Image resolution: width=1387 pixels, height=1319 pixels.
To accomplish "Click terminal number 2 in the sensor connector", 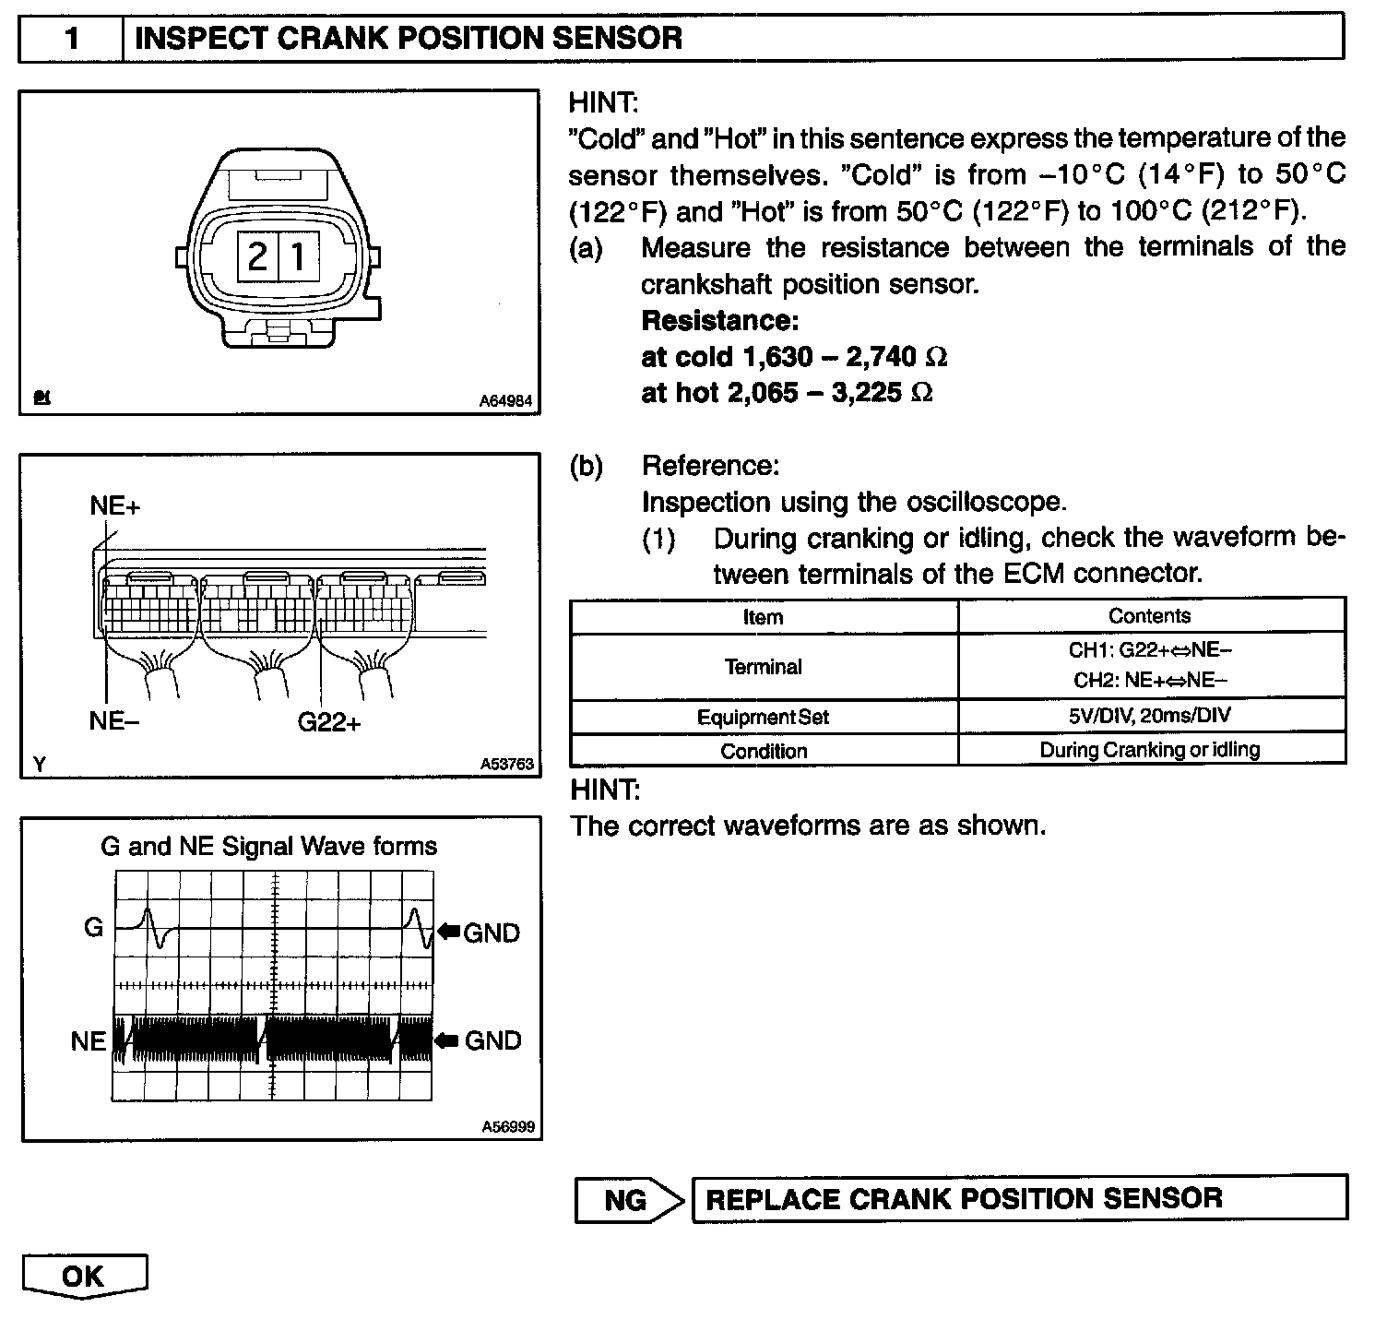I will click(x=258, y=255).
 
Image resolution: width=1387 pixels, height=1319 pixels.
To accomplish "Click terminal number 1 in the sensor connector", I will click(x=298, y=255).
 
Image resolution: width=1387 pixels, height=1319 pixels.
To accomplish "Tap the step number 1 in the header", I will click(x=71, y=39).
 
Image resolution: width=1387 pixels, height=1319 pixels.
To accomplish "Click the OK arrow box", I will click(x=84, y=1276).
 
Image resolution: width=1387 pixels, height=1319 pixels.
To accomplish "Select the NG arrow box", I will click(x=627, y=1199).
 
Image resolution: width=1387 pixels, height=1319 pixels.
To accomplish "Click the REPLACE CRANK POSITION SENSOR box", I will click(x=1018, y=1198).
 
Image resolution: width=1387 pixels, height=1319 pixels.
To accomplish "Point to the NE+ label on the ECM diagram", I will click(x=115, y=506).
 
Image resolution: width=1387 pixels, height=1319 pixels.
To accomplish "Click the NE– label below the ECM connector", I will click(x=114, y=720).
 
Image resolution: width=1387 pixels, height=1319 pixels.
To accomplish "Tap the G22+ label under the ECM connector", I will click(x=329, y=722).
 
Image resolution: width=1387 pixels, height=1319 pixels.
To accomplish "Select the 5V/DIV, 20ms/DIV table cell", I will click(x=1150, y=716).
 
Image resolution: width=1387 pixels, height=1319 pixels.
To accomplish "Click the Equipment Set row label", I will click(x=764, y=717).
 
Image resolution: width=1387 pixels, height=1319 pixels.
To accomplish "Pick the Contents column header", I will click(x=1150, y=616).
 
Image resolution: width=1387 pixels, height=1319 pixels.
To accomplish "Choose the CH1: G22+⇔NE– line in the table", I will click(x=1150, y=650).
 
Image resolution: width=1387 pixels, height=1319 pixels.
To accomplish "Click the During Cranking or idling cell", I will click(x=1150, y=750).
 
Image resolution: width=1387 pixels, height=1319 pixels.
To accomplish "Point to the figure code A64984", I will click(x=506, y=401).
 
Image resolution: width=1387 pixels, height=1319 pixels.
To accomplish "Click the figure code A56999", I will click(x=508, y=1127).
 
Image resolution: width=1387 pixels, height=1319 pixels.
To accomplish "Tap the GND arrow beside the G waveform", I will click(x=449, y=932).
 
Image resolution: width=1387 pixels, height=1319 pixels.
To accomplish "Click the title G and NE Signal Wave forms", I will click(x=268, y=847).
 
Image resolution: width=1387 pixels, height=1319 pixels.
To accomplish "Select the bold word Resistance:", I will click(x=719, y=321).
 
